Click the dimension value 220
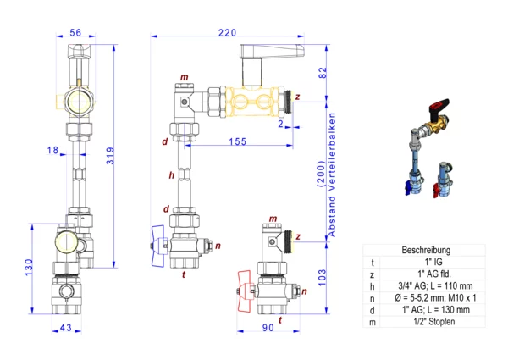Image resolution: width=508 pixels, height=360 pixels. (x=226, y=33)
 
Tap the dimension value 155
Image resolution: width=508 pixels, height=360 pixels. (x=237, y=141)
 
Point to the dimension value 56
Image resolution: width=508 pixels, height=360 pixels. (x=75, y=33)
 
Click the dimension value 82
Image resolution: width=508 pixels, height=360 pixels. (x=322, y=74)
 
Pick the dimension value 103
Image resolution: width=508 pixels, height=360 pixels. (x=322, y=276)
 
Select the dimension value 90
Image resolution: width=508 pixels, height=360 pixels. (x=269, y=327)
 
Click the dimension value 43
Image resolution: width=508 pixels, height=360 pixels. (x=66, y=327)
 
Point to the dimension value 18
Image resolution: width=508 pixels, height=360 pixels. (x=53, y=149)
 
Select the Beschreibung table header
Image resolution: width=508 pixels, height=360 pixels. (x=426, y=251)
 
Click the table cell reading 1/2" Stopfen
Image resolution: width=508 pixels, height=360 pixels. (x=426, y=322)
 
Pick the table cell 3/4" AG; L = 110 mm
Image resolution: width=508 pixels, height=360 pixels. (x=426, y=286)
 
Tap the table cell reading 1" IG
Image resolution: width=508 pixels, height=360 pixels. (x=426, y=263)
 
